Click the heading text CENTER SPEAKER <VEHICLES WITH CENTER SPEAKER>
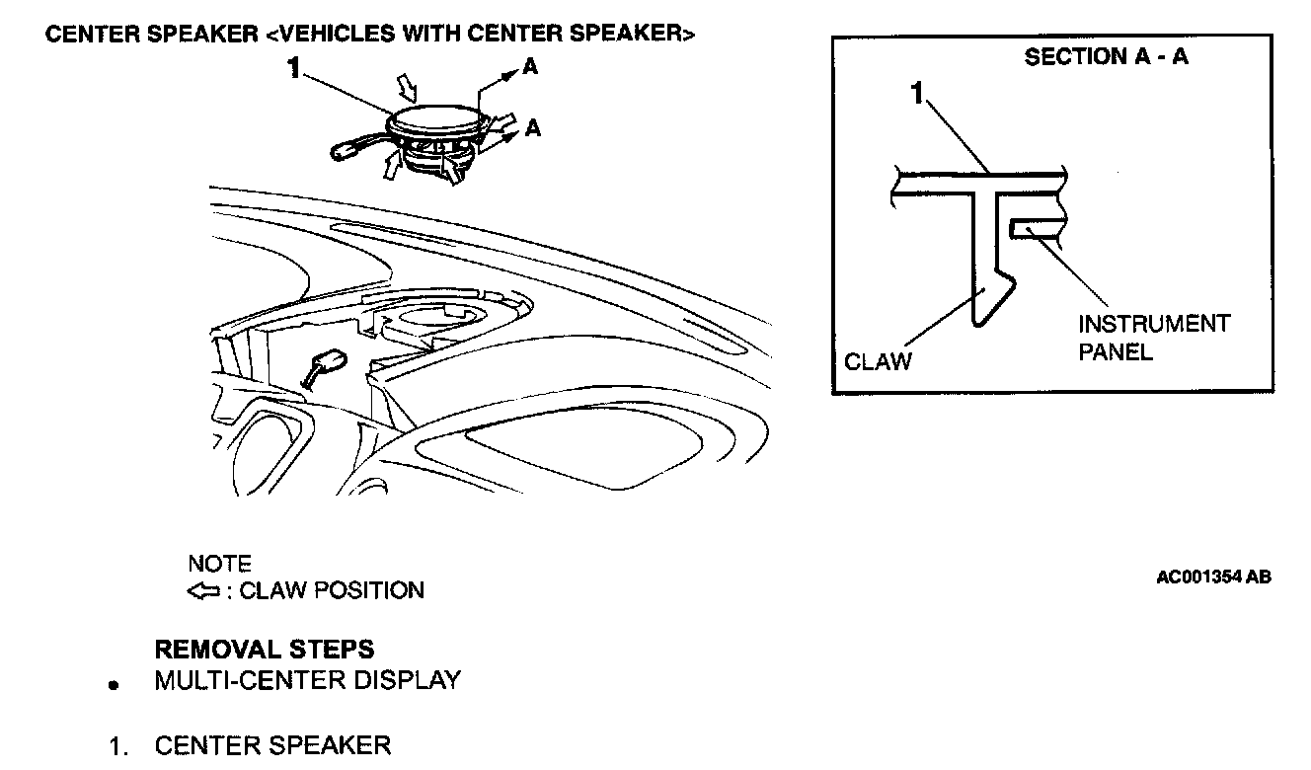click(x=370, y=34)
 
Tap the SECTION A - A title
click(x=1106, y=57)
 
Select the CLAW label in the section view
click(x=878, y=361)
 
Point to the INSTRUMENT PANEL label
click(x=1153, y=338)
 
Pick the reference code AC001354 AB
click(x=1213, y=577)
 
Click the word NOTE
click(x=219, y=565)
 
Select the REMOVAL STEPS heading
click(x=265, y=650)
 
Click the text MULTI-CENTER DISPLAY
click(x=307, y=680)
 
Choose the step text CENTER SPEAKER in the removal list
click(x=272, y=745)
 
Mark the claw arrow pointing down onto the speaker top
click(x=407, y=92)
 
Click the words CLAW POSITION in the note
click(x=332, y=591)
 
